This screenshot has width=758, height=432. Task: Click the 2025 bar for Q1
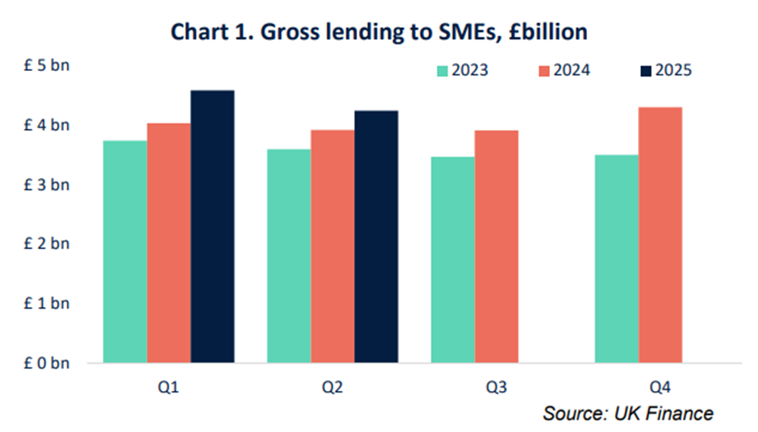[x=212, y=226]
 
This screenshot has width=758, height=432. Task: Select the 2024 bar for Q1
[x=169, y=243]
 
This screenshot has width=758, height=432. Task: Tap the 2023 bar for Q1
[x=126, y=251]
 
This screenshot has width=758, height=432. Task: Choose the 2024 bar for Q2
[x=332, y=246]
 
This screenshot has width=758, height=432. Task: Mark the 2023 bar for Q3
[x=452, y=260]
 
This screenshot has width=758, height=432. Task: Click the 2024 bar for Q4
[x=660, y=235]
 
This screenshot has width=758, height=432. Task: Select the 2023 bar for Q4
[x=616, y=259]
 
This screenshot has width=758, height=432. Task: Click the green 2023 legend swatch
[x=443, y=70]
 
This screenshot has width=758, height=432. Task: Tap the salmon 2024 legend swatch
[x=546, y=70]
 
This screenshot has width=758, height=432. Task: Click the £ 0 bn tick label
[x=47, y=363]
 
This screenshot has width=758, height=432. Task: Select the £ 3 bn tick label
[x=47, y=185]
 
